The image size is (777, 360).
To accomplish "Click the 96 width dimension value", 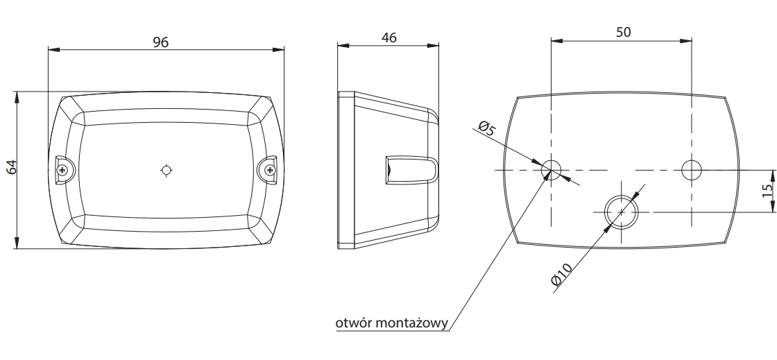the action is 160,42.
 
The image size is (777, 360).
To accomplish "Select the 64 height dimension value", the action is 12,167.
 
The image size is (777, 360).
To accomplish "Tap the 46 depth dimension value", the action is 389,37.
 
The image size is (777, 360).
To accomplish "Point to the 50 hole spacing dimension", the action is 624,32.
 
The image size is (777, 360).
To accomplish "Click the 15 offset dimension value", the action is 767,191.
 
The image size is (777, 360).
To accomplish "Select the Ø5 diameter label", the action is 487,128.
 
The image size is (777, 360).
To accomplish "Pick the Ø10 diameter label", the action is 562,274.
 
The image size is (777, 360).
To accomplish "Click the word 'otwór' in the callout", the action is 353,323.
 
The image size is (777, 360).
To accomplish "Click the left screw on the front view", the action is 62,171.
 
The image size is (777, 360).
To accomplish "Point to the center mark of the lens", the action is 166,171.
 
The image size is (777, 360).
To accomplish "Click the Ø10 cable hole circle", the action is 622,212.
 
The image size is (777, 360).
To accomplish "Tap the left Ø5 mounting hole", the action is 551,170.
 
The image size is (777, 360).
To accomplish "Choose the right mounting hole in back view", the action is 692,170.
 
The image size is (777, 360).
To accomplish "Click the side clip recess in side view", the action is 411,170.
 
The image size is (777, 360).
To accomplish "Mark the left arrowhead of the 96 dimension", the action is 53,49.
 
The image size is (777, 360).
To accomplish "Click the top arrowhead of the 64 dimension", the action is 17,97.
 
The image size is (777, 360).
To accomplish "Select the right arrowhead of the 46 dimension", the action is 433,46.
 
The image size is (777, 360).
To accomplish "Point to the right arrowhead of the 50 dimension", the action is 686,41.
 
